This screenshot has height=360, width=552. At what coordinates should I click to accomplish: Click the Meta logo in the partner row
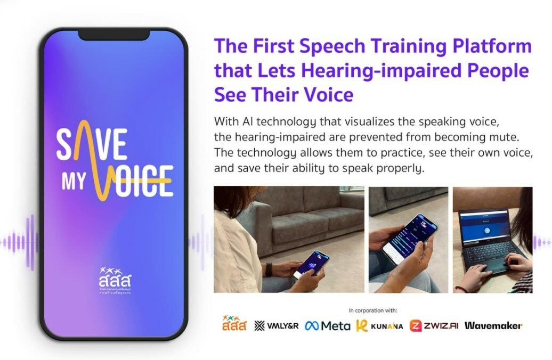pos(327,325)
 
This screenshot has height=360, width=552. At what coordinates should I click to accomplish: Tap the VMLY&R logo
pos(276,325)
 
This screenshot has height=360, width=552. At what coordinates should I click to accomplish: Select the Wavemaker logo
pos(493,325)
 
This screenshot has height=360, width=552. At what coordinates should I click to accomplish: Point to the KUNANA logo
pos(379,325)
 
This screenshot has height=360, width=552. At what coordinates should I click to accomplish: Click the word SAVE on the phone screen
pos(92,145)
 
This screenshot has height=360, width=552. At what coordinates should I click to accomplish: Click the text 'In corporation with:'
pos(373,310)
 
